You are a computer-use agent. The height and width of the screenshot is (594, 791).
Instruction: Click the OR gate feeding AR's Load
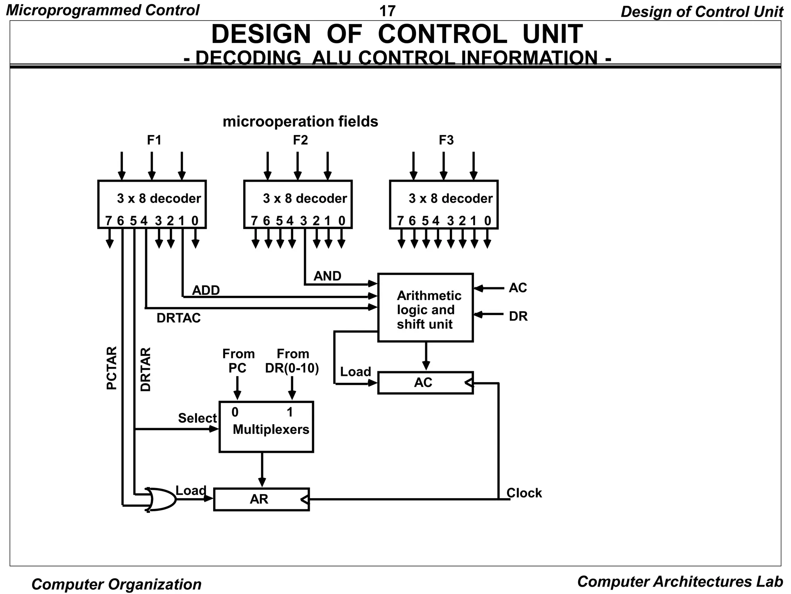[x=160, y=499]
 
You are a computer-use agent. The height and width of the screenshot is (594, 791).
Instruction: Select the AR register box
[x=261, y=499]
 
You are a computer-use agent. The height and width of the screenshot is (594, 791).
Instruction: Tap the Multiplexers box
[x=266, y=427]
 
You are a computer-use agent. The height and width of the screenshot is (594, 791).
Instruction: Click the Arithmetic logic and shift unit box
[x=425, y=308]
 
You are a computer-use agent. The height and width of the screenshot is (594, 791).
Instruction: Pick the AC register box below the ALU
[x=425, y=383]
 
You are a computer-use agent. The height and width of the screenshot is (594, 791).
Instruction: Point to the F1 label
[x=154, y=140]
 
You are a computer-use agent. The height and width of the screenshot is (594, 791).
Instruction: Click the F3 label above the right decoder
[x=446, y=140]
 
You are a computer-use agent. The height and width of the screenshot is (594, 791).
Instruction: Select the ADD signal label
[x=206, y=290]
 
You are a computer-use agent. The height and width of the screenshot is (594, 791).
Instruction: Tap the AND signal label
[x=327, y=276]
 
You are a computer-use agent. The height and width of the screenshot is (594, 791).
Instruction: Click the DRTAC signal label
[x=178, y=318]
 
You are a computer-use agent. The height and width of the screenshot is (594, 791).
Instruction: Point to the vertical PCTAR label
[x=111, y=368]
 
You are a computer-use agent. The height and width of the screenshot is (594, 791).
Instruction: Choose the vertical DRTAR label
[x=146, y=369]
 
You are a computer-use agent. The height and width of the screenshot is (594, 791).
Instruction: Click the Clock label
[x=524, y=493]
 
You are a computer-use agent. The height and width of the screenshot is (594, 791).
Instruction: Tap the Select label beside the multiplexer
[x=197, y=418]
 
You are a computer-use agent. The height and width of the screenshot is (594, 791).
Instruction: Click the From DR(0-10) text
[x=292, y=361]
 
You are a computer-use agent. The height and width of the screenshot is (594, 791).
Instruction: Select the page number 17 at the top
[x=387, y=11]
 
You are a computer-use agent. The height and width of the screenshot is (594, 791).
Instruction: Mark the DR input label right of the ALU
[x=518, y=316]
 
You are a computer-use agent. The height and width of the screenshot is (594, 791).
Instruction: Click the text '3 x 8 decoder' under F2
[x=305, y=198]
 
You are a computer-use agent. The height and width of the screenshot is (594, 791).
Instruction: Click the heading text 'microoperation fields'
[x=300, y=121]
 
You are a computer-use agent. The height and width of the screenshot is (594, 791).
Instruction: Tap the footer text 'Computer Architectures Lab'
[x=680, y=582]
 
